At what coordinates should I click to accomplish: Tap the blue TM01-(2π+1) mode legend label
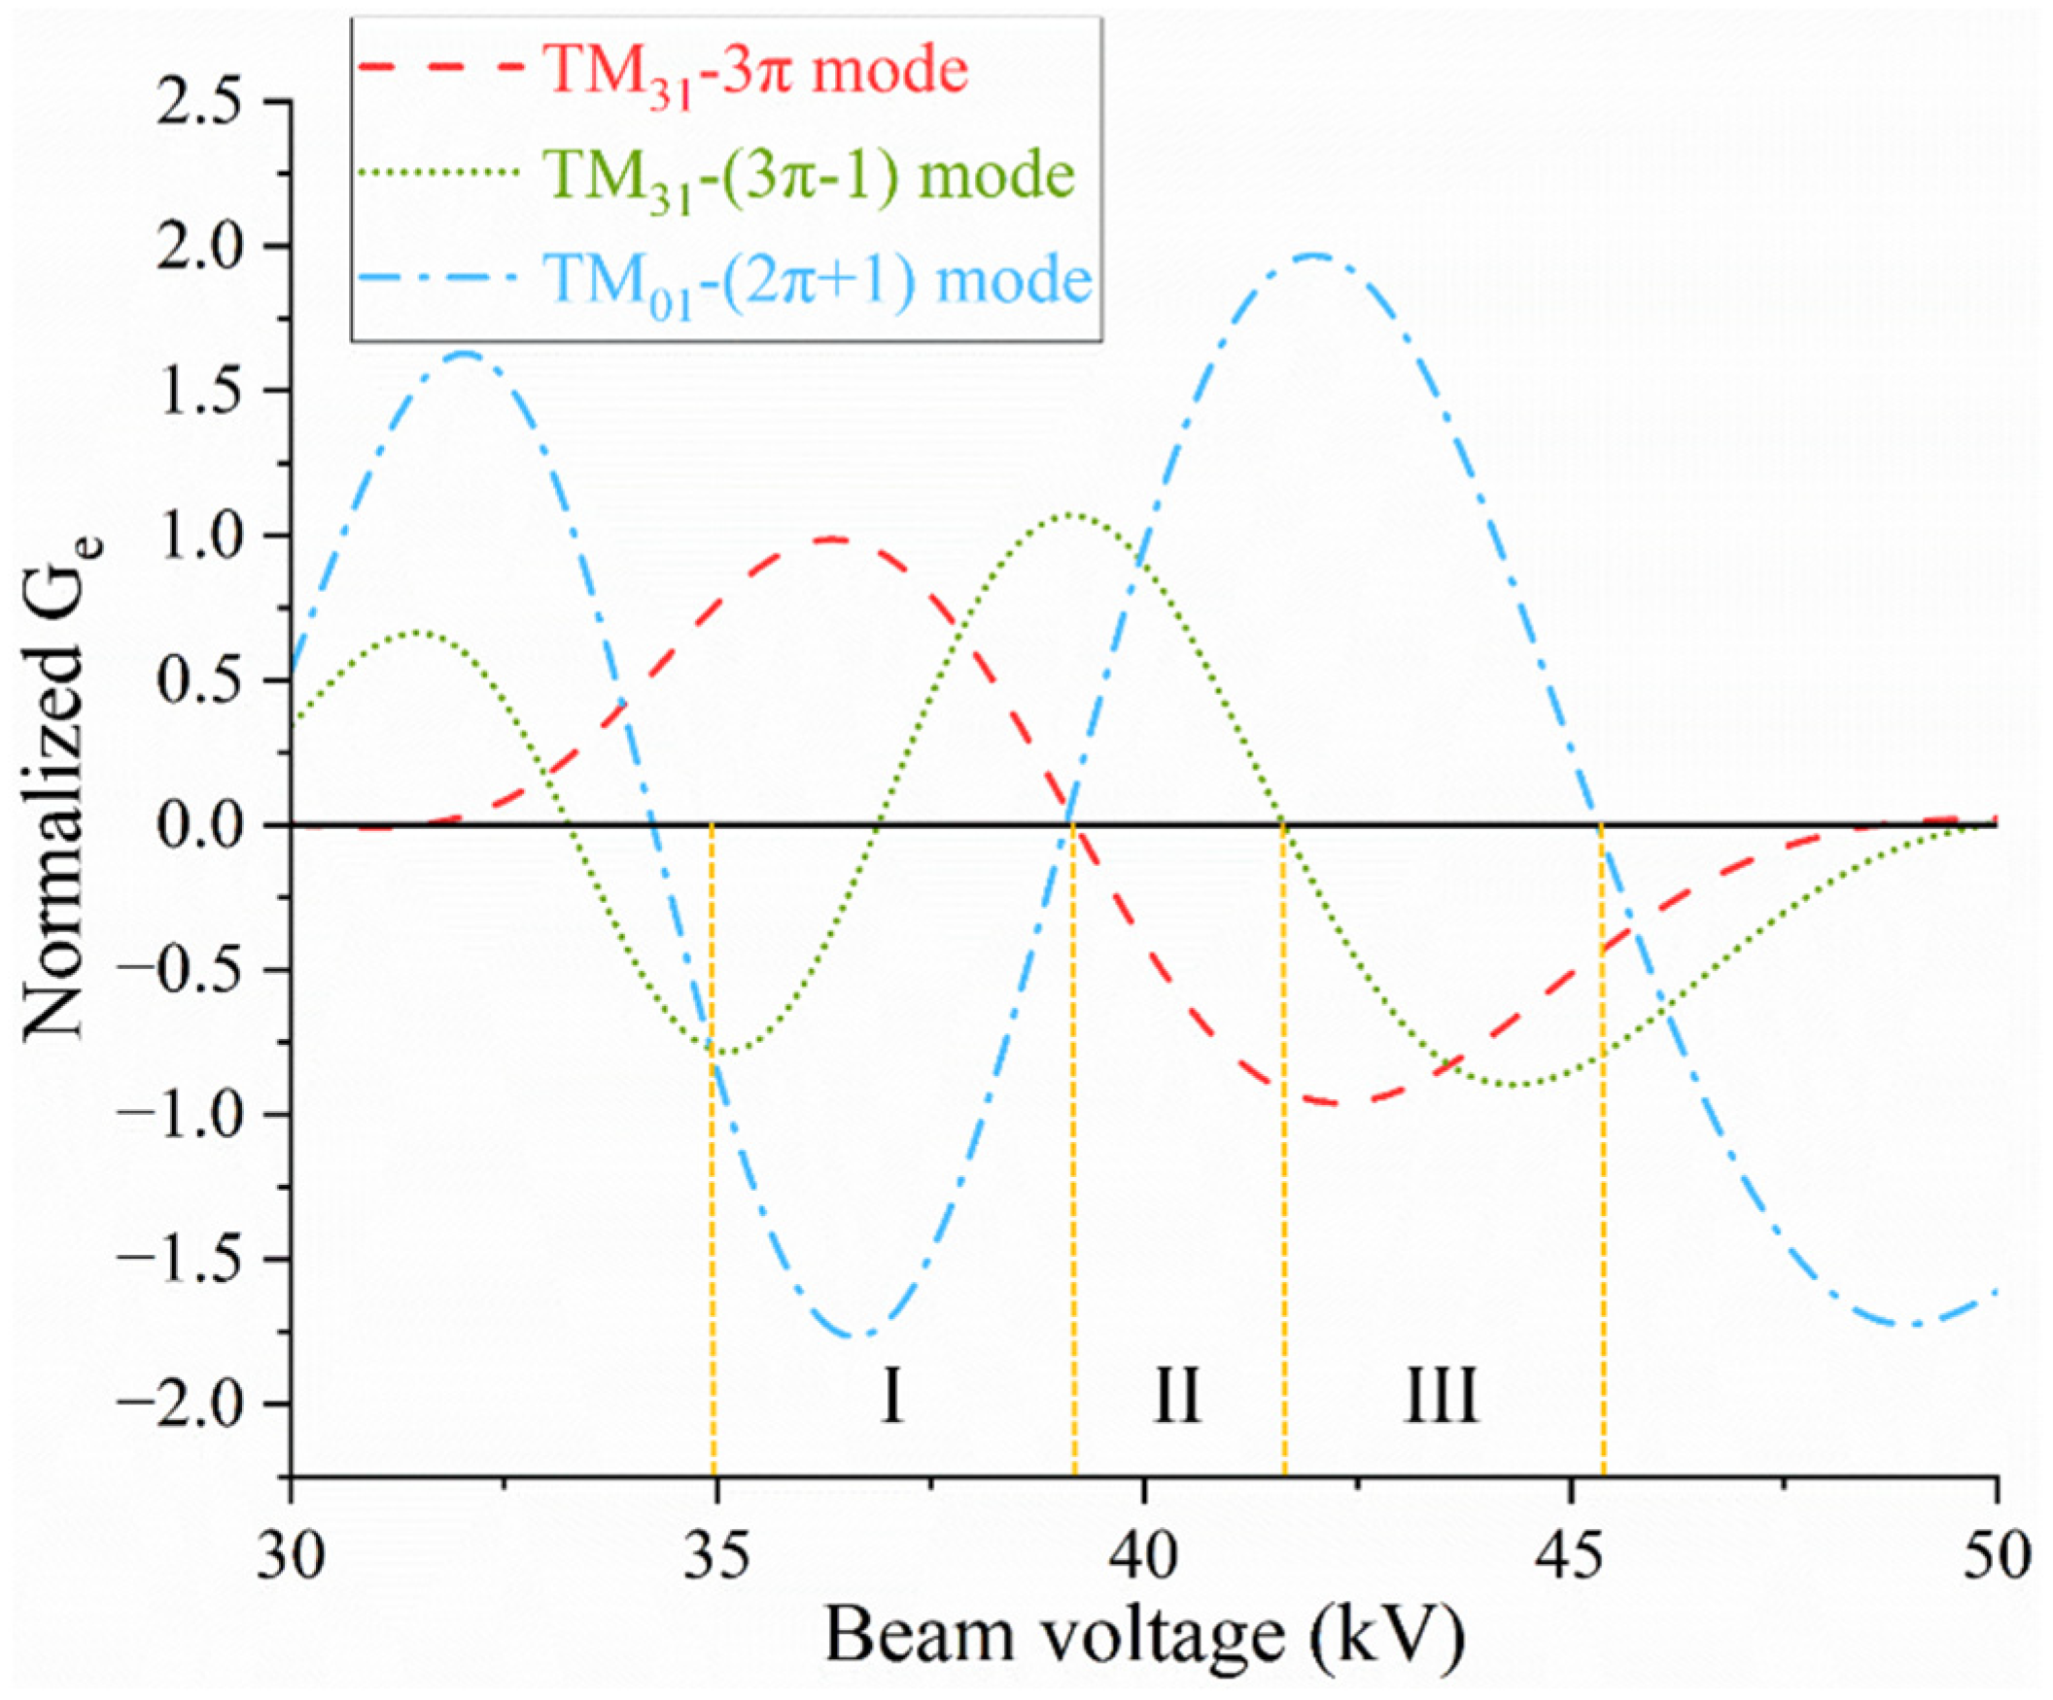(819, 282)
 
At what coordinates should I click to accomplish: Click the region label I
(890, 1397)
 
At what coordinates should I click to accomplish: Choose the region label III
(1441, 1397)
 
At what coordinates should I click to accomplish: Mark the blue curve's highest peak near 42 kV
(1314, 257)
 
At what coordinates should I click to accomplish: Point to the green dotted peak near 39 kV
(1071, 513)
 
